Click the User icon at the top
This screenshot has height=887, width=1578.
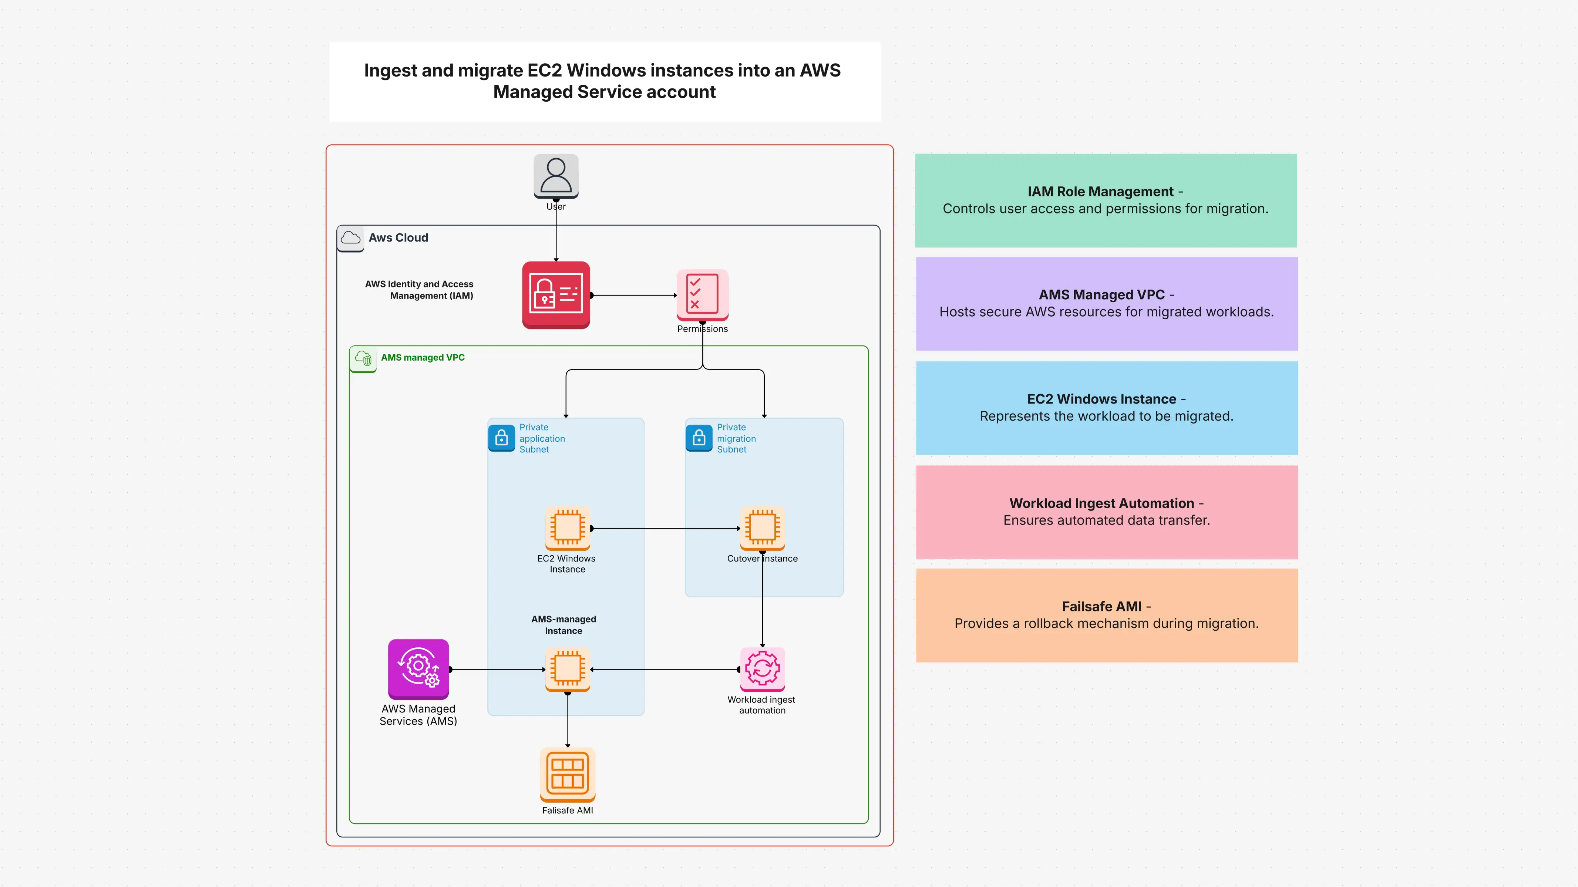(556, 176)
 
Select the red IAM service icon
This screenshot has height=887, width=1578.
(556, 295)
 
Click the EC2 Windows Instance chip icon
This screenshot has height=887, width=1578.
(567, 527)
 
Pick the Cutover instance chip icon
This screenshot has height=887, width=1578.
(762, 527)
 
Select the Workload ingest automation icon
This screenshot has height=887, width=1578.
(762, 668)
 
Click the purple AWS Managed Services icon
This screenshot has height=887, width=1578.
(418, 669)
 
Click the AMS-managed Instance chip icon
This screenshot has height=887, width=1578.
(567, 668)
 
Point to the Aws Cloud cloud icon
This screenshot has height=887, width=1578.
(350, 238)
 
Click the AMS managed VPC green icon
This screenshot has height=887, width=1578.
(363, 358)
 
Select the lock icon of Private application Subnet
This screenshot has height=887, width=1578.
(501, 438)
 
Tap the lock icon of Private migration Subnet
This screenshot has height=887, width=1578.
(698, 438)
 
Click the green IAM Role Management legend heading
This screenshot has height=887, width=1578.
(1100, 192)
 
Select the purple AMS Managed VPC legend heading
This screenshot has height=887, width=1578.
(1101, 295)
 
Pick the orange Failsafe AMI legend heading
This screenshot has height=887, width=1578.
(1101, 607)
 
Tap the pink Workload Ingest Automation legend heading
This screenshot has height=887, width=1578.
(1101, 503)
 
